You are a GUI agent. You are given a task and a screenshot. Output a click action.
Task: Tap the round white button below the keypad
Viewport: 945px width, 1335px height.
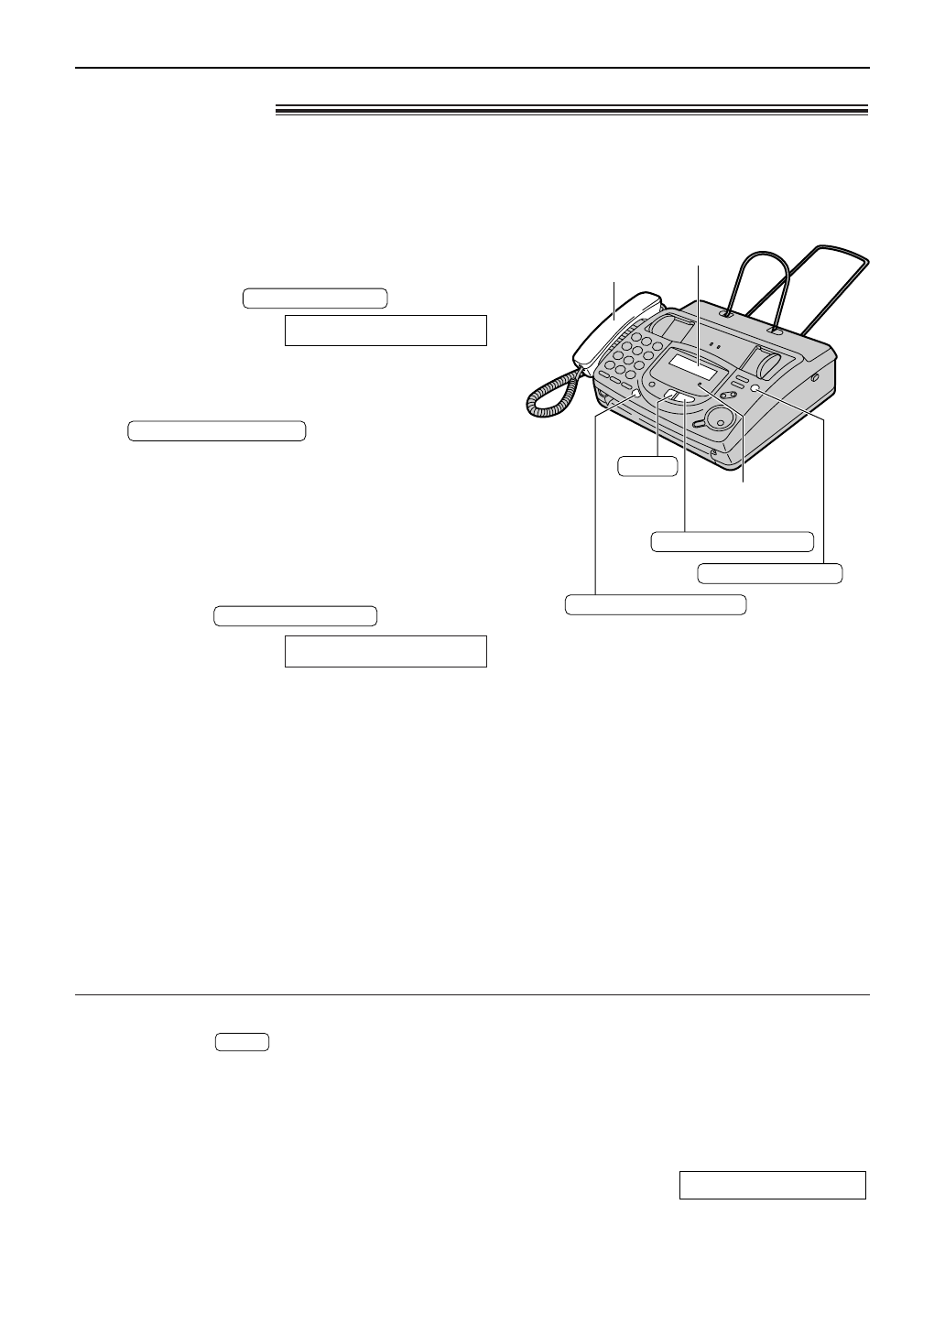pos(635,396)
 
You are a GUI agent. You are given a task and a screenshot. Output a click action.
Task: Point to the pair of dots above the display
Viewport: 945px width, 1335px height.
pos(714,347)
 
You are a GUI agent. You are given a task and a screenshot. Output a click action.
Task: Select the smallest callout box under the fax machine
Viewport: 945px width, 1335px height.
pos(647,466)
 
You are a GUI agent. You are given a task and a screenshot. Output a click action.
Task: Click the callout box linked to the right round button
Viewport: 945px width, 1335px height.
pos(769,573)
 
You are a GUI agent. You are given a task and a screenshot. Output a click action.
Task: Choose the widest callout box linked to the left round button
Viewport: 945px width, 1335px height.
pos(655,604)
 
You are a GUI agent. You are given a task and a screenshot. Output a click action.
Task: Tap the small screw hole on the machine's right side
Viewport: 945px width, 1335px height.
pos(814,376)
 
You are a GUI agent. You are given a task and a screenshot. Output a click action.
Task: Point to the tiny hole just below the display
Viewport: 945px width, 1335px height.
pos(701,386)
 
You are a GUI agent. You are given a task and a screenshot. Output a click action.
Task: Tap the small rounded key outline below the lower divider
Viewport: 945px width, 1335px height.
pos(243,1041)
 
